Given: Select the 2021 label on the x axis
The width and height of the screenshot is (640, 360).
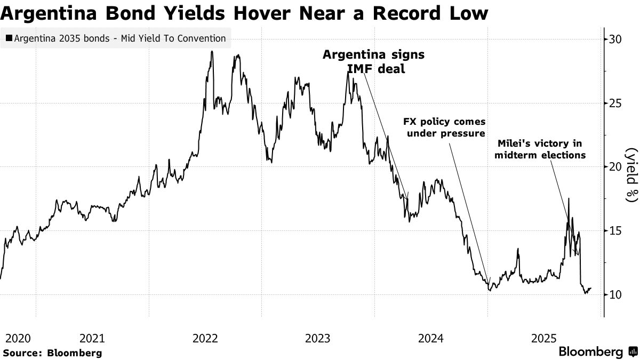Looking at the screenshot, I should (x=92, y=338).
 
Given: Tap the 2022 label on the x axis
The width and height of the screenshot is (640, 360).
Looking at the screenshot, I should (x=205, y=338).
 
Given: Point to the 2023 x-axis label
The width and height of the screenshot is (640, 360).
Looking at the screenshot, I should (x=318, y=338).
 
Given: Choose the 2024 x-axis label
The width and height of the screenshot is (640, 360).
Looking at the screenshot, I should (x=431, y=338).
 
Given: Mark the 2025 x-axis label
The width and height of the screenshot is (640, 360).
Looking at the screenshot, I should (x=545, y=338).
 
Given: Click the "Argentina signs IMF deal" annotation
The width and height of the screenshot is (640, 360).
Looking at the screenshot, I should (x=374, y=61).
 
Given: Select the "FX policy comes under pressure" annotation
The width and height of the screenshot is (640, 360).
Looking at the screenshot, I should (x=444, y=127).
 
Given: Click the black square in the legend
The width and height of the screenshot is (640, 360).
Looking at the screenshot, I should (x=9, y=38).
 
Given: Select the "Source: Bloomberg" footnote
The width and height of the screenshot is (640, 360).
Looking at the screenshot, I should (x=52, y=353).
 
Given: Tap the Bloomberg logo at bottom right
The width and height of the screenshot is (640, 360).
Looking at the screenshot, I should (x=598, y=351).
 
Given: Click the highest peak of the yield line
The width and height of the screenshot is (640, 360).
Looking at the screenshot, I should (x=212, y=52).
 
